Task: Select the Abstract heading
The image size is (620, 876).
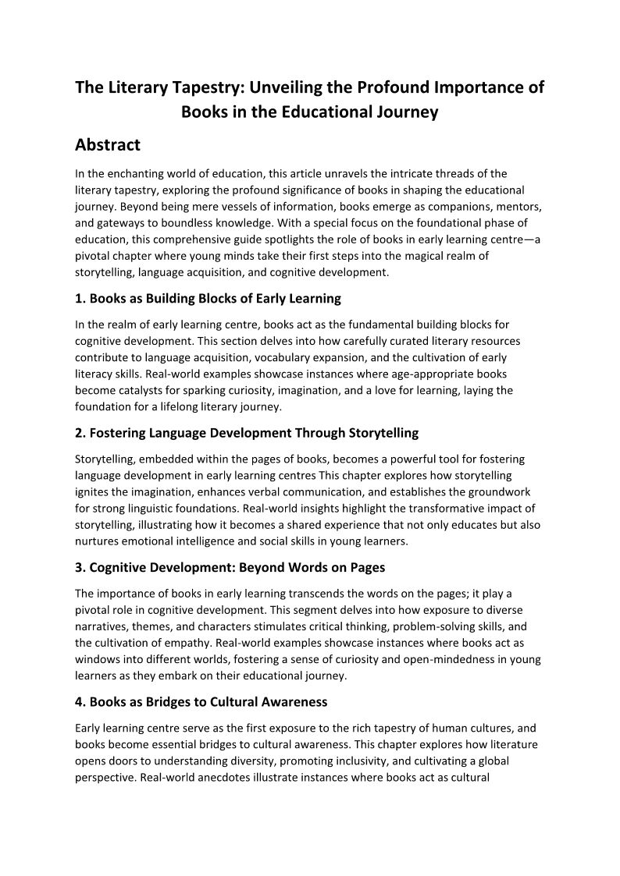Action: pyautogui.click(x=108, y=145)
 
